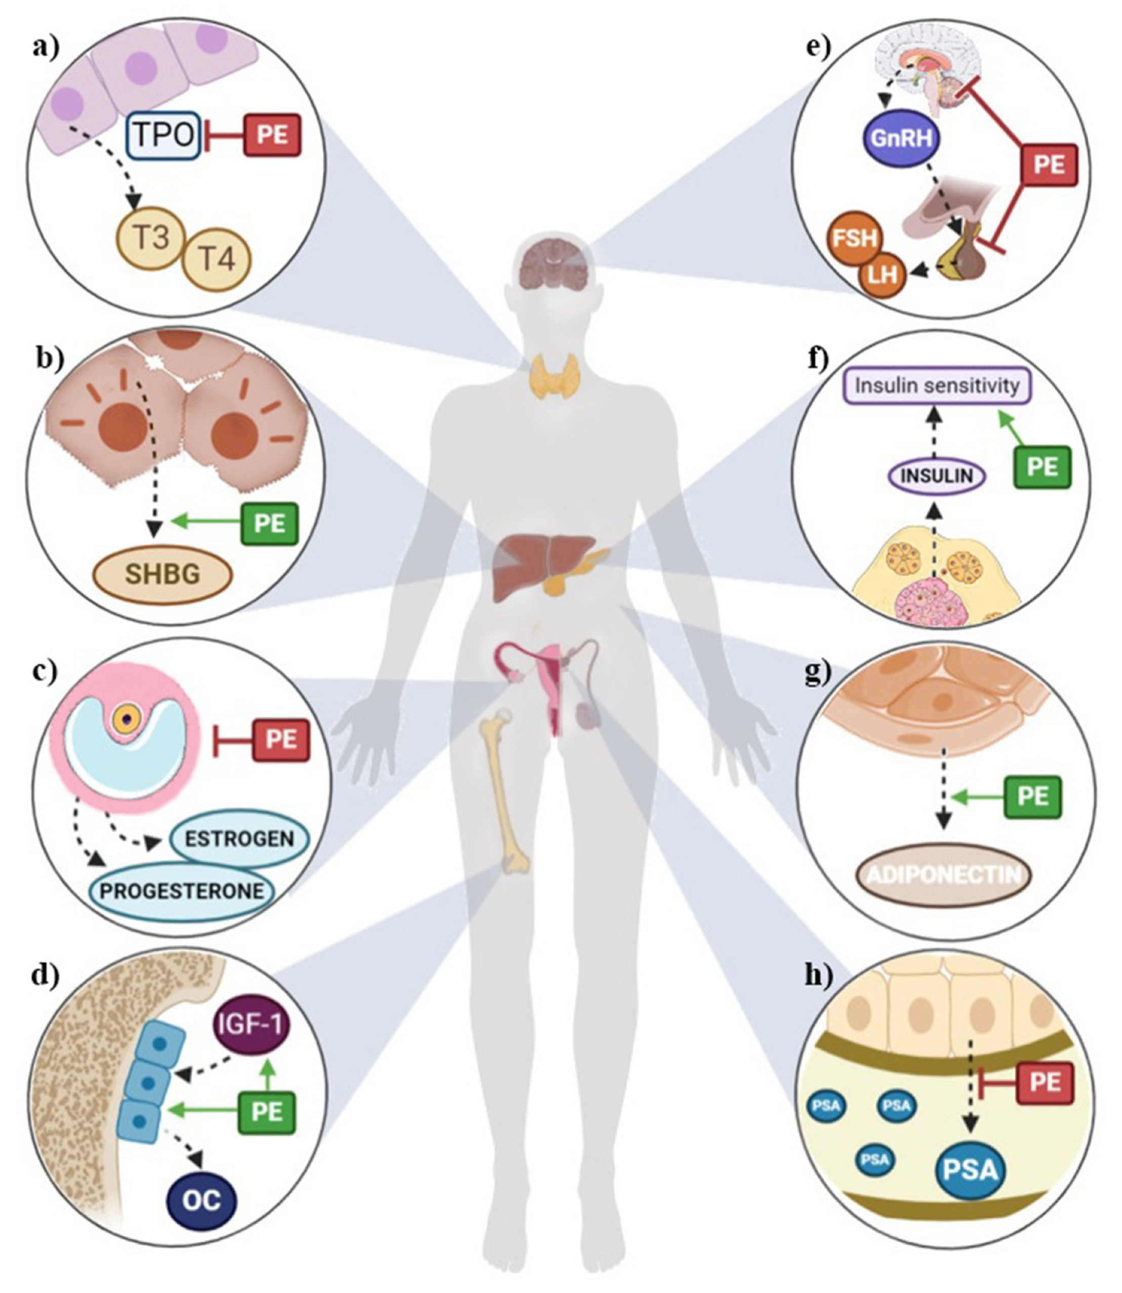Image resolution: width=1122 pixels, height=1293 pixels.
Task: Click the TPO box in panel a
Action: point(164,135)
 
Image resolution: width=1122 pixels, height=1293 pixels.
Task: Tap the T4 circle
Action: point(217,259)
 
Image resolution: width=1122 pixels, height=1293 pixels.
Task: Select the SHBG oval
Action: point(163,573)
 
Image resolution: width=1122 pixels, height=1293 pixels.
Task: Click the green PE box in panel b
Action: point(270,523)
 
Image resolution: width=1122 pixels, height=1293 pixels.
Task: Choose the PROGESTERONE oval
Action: point(182,891)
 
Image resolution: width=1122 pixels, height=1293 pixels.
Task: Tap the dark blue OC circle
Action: point(202,1201)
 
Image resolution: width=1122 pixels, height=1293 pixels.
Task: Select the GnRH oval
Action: point(901,138)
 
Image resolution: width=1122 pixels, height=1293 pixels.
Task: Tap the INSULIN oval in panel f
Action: point(937,477)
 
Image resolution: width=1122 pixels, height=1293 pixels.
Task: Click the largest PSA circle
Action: point(970,1169)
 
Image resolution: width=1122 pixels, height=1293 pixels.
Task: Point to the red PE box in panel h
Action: point(1045,1083)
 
